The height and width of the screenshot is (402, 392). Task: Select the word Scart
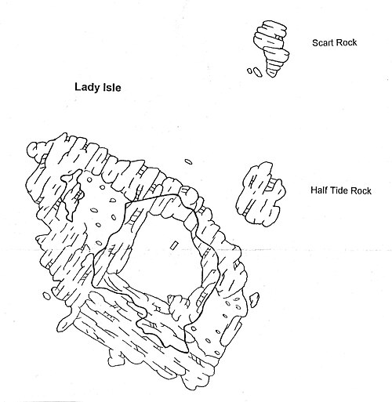(322, 42)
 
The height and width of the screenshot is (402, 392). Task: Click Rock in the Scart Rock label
(346, 42)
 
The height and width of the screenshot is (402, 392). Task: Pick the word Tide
(336, 190)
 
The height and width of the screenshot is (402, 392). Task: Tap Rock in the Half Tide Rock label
(361, 190)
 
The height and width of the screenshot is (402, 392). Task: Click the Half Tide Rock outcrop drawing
(260, 194)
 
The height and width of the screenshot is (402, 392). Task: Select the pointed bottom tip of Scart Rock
(272, 76)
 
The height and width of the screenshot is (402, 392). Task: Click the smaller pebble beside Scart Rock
(250, 71)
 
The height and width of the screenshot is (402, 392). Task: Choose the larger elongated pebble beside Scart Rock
(257, 72)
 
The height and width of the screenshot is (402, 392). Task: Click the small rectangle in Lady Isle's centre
(174, 245)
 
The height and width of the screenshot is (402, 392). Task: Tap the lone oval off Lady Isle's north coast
(188, 161)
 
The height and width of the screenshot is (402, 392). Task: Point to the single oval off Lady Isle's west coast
(47, 295)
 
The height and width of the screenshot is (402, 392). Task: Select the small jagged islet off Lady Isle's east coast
(254, 299)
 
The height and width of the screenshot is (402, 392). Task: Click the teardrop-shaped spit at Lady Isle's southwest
(65, 322)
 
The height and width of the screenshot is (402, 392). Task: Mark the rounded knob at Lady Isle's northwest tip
(37, 150)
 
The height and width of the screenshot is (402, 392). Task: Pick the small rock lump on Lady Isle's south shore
(117, 357)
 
